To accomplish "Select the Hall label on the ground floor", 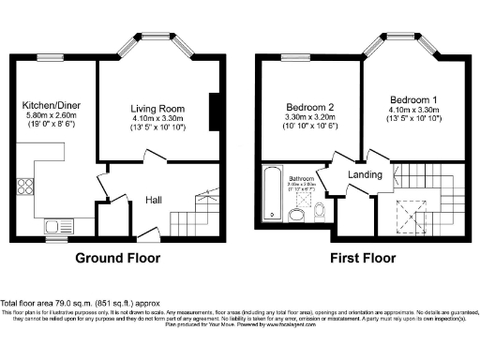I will pyautogui.click(x=156, y=200).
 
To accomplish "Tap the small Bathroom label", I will pyautogui.click(x=300, y=177).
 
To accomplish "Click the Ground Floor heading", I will pyautogui.click(x=117, y=258).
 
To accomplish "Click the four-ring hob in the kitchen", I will pyautogui.click(x=20, y=210).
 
